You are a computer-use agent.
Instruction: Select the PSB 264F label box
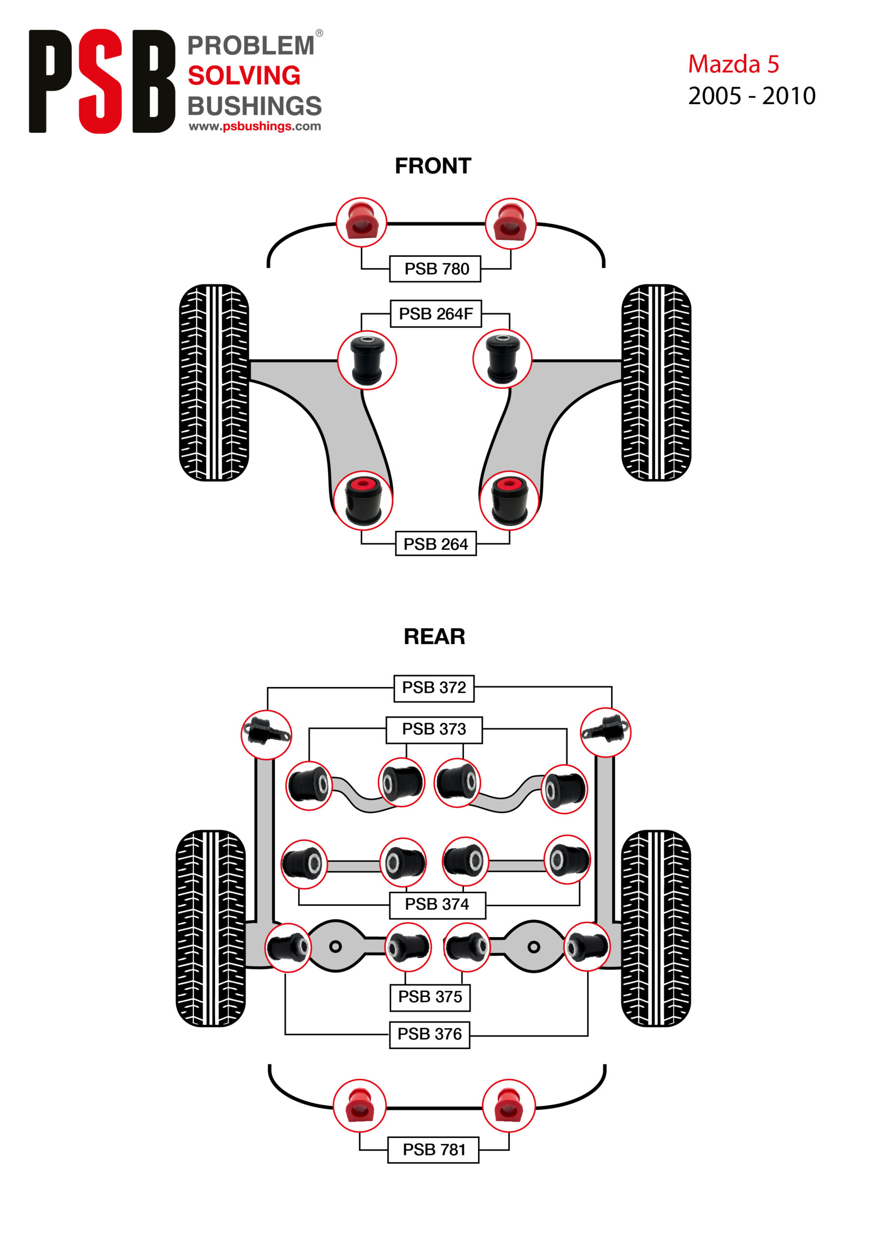[x=435, y=313]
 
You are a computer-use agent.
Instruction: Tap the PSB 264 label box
[x=435, y=544]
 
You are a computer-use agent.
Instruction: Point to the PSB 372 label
[x=434, y=687]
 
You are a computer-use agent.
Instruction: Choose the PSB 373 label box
[x=434, y=729]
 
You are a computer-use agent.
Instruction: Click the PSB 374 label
[x=437, y=904]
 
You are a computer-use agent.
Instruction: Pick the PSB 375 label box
[x=430, y=996]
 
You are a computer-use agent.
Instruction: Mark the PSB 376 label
[x=429, y=1033]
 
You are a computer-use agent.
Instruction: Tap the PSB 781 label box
[x=433, y=1149]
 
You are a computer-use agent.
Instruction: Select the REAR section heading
[x=434, y=636]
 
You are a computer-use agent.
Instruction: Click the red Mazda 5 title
[x=733, y=64]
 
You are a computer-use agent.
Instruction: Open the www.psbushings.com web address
[x=254, y=126]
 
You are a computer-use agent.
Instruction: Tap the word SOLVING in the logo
[x=244, y=76]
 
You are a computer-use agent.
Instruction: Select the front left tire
[x=214, y=382]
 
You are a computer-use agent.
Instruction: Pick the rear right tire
[x=655, y=928]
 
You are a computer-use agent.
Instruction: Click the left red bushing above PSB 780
[x=361, y=222]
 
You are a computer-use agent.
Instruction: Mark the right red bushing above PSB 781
[x=508, y=1106]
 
